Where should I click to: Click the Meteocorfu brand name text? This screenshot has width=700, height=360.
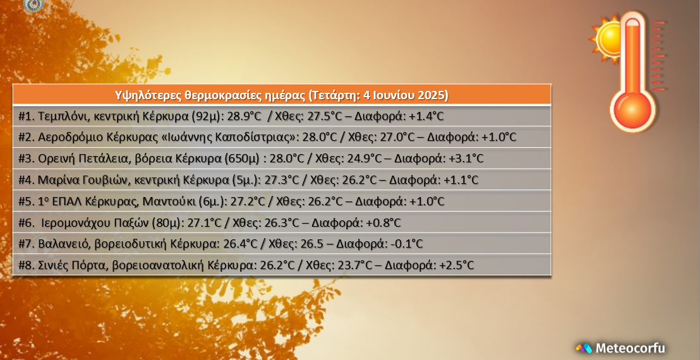tap(630, 348)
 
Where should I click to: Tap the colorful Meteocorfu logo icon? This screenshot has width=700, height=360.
tap(584, 348)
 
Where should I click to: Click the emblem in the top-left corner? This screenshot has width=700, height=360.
tap(33, 5)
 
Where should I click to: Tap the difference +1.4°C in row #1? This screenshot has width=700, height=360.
tap(426, 116)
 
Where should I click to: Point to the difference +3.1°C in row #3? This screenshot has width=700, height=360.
tap(466, 159)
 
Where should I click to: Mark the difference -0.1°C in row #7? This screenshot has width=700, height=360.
tap(406, 244)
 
